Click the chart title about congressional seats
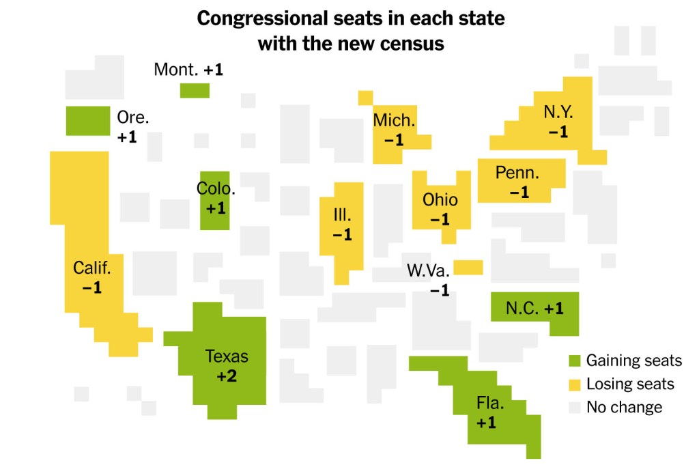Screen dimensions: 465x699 point(350,31)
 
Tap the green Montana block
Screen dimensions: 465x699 point(195,90)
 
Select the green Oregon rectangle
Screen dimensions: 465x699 point(87,121)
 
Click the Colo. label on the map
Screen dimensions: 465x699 point(216,188)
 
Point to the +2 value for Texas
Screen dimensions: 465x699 point(227,376)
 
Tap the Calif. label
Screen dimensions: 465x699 point(91,268)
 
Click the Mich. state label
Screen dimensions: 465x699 point(394,121)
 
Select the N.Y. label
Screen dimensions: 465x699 point(558,112)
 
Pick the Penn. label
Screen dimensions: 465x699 point(517,173)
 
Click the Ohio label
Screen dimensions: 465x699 point(440,200)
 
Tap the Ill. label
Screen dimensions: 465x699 point(342,215)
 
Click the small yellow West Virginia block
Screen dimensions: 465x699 point(468,267)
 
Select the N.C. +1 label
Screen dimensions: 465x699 point(534,309)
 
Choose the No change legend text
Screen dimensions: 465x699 point(624,408)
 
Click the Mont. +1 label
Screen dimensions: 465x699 point(188,70)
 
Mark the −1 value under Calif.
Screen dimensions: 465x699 point(91,287)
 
